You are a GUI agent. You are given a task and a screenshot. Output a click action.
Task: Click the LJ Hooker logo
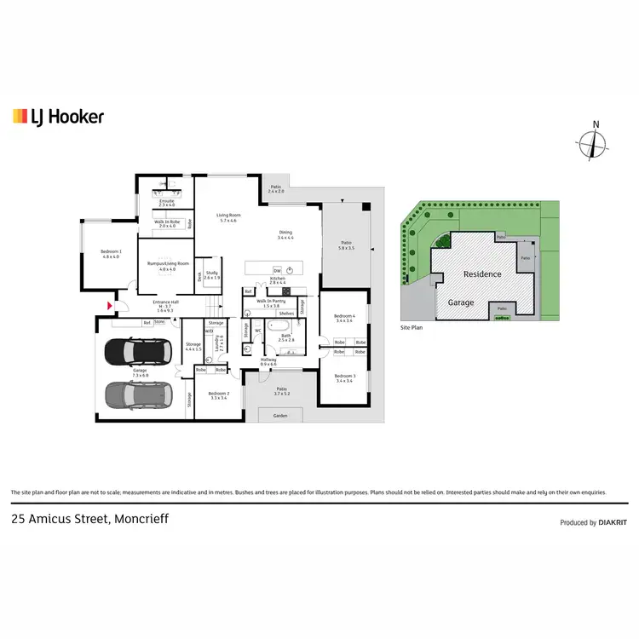click(x=58, y=117)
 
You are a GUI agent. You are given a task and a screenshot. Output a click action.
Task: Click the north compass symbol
click(x=595, y=145)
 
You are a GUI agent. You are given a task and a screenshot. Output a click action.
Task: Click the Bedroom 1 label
click(x=111, y=253)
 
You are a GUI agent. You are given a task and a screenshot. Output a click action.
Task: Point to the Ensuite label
click(x=166, y=203)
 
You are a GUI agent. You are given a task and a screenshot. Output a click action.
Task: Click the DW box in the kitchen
click(x=278, y=271)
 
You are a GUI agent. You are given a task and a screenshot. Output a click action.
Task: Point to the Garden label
click(x=280, y=416)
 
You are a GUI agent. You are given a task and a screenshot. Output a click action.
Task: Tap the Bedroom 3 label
click(x=344, y=377)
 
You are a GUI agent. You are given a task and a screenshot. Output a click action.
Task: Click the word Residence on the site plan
click(x=481, y=274)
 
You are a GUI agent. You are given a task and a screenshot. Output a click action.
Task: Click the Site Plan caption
click(x=412, y=326)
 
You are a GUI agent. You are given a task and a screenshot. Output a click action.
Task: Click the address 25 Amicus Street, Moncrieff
click(x=89, y=518)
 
